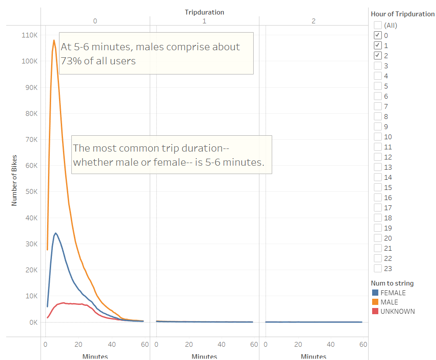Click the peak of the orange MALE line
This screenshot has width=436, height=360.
tap(54, 41)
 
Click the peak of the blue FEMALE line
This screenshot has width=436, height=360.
tap(55, 233)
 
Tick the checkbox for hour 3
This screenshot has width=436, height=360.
tap(377, 66)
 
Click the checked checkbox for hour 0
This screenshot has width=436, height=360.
tap(377, 35)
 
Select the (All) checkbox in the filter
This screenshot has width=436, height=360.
tap(377, 25)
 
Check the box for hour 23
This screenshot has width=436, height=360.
tap(377, 268)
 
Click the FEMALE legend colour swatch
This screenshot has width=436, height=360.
tap(375, 293)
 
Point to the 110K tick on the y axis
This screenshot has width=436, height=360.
tap(30, 35)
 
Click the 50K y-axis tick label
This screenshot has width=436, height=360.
tap(30, 191)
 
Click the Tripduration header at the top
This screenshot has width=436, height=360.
tap(204, 12)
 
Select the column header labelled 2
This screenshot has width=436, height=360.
tap(313, 21)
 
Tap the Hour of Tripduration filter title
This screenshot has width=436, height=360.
tap(403, 14)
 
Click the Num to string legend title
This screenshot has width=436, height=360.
tap(392, 283)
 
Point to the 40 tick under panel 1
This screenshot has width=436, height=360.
tap(222, 345)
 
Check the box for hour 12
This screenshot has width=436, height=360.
tap(377, 157)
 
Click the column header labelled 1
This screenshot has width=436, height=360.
tap(204, 21)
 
